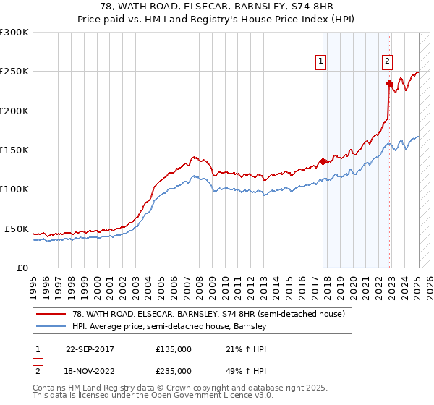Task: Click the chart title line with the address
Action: (217, 7)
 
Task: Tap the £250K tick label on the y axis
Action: (14, 72)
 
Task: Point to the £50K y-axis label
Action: (16, 229)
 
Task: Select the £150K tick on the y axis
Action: (14, 150)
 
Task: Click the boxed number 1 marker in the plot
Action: (320, 61)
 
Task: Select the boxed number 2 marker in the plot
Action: (388, 61)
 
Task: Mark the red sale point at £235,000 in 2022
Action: (389, 83)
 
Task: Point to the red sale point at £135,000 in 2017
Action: (323, 161)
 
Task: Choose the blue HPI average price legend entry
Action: (169, 326)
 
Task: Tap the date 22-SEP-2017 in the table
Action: (90, 349)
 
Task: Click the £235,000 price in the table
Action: (174, 370)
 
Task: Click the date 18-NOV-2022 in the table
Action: (90, 370)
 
